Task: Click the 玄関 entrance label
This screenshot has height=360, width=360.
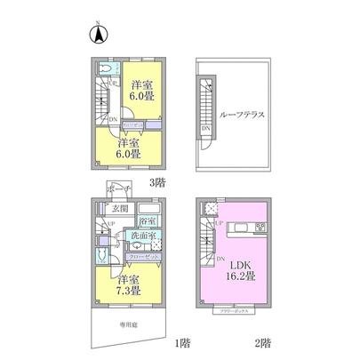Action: (x=121, y=209)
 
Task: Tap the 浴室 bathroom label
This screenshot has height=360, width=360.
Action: (x=148, y=220)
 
